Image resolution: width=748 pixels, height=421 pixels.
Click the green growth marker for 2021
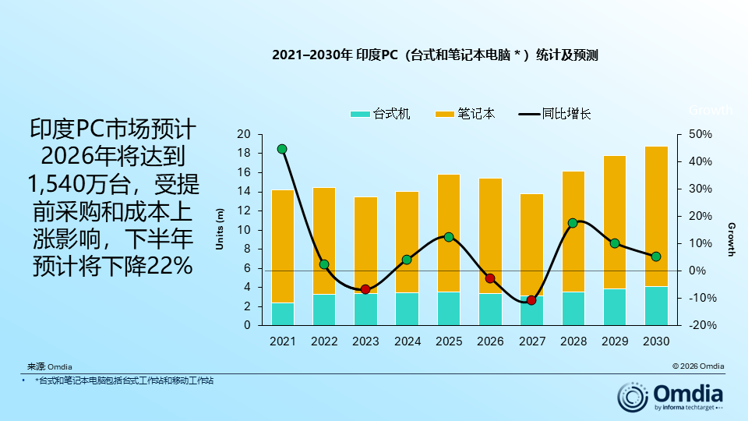(x=282, y=150)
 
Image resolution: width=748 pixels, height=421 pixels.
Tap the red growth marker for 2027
(x=531, y=300)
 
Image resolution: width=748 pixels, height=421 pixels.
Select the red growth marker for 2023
(x=365, y=289)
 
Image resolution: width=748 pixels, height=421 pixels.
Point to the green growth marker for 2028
(x=573, y=223)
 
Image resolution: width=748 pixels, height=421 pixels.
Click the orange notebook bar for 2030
(x=656, y=216)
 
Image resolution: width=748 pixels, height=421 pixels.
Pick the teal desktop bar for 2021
(x=283, y=314)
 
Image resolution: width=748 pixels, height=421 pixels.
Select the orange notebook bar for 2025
(x=449, y=233)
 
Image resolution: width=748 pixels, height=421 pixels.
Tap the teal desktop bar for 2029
(x=615, y=307)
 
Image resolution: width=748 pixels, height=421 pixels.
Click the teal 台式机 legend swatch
(x=360, y=114)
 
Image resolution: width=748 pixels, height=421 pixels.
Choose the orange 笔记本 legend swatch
(x=445, y=114)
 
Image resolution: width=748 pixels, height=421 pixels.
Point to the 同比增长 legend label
(x=566, y=114)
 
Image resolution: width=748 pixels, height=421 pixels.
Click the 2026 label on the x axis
(x=490, y=341)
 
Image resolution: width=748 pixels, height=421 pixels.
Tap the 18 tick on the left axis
(x=244, y=154)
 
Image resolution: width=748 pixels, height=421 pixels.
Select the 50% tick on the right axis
(x=700, y=134)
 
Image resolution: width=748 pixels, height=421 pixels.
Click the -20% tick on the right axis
(x=703, y=325)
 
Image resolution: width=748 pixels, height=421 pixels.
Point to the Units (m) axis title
(x=220, y=229)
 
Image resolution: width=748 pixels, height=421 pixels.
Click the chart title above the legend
(x=435, y=55)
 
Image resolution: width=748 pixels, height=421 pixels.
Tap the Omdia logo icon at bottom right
(x=633, y=397)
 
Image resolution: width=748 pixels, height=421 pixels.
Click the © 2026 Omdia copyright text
(x=698, y=366)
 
